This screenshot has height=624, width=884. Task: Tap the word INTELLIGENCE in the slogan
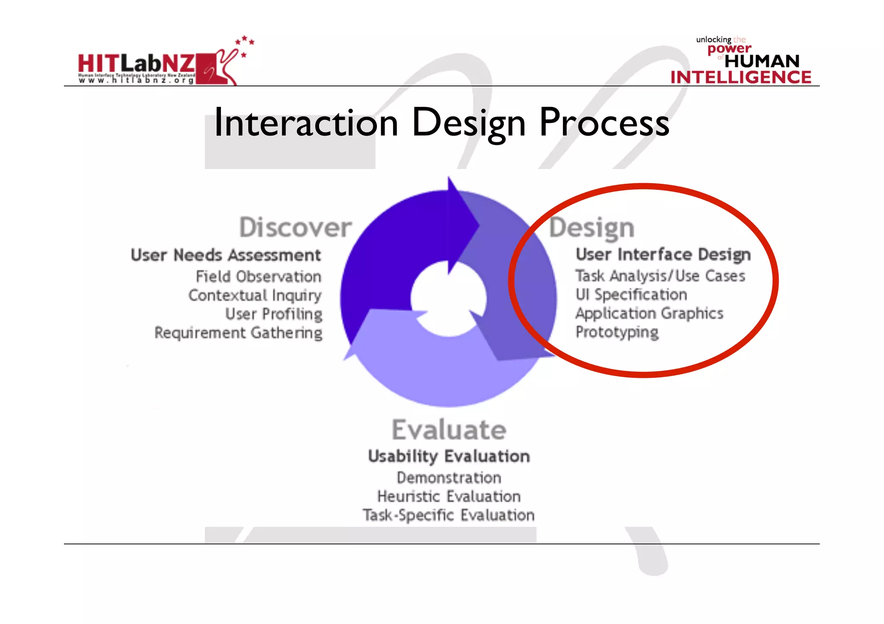741,77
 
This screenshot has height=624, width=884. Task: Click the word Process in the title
604,122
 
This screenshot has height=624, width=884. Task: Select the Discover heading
295,227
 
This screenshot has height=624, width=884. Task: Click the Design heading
592,228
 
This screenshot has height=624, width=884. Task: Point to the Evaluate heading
448,430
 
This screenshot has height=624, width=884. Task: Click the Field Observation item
259,276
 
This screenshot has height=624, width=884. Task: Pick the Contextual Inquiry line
255,295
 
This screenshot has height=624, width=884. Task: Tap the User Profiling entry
274,314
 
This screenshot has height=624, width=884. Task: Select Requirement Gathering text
238,333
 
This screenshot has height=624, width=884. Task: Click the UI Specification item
631,295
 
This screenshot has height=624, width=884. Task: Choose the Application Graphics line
649,314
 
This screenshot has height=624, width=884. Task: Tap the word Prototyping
617,332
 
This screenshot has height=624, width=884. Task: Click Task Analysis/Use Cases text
660,276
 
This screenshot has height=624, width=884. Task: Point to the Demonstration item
449,478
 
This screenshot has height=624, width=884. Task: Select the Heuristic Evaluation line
449,496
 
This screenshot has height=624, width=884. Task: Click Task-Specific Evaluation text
448,515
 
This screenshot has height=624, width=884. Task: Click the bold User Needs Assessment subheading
226,255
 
